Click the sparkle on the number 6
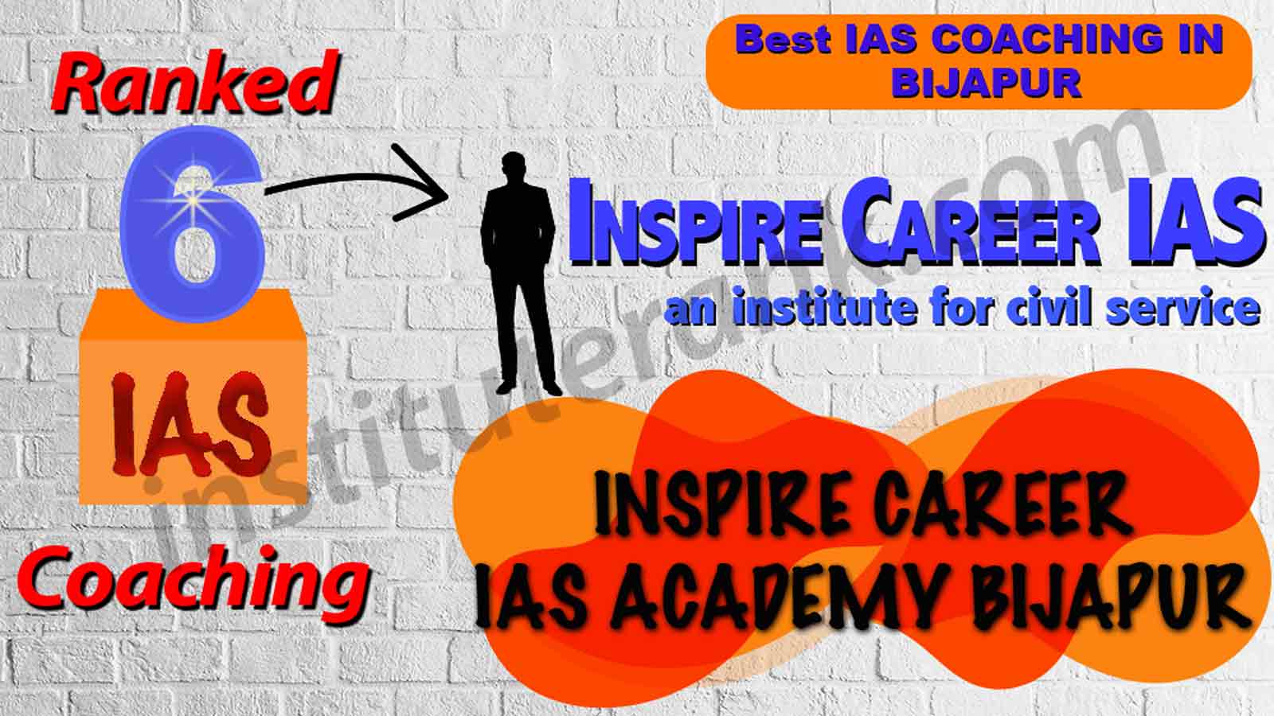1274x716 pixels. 194,200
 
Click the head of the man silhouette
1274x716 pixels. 514,168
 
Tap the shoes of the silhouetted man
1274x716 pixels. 529,388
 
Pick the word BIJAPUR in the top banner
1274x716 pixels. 986,83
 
